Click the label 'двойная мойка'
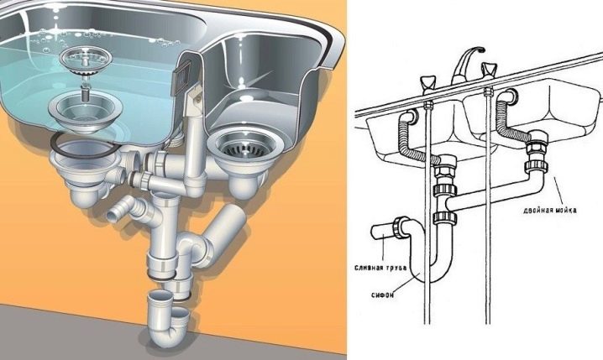coord(549,210)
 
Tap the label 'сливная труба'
coord(380,268)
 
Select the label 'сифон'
coord(383,295)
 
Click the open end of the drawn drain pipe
coord(375,232)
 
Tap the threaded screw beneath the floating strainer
coord(86,91)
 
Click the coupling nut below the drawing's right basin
coord(537,165)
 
